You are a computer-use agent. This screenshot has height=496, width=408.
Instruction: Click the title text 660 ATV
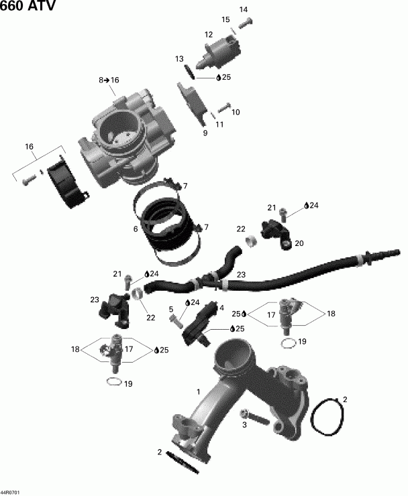click(x=28, y=7)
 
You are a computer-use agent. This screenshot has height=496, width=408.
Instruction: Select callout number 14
click(x=243, y=9)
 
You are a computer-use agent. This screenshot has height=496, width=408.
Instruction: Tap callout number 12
click(x=209, y=35)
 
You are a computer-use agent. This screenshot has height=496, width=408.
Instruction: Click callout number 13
click(x=179, y=59)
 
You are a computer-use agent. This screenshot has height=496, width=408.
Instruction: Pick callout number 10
click(x=236, y=112)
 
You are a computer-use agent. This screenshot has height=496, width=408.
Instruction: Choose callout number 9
click(x=205, y=133)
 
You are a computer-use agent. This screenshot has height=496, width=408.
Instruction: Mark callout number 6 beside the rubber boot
click(x=136, y=229)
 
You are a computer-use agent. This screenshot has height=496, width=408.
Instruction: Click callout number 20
click(x=299, y=243)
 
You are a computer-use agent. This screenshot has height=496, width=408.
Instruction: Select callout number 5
click(x=171, y=309)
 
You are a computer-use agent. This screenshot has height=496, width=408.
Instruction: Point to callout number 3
click(x=245, y=425)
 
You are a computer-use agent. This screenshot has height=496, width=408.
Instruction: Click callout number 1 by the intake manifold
click(x=198, y=391)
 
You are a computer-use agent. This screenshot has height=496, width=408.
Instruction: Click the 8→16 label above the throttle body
click(x=109, y=80)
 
